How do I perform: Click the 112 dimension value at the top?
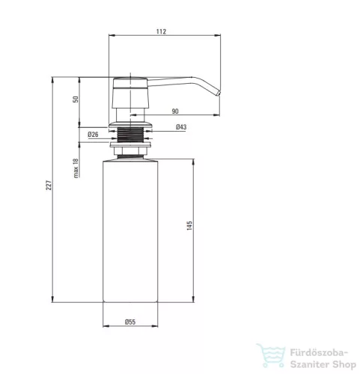click(161, 31)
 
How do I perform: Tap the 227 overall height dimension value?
click(49, 186)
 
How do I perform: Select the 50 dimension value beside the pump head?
click(76, 99)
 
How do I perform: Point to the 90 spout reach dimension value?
click(175, 111)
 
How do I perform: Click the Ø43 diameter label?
click(181, 127)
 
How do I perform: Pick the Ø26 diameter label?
click(93, 135)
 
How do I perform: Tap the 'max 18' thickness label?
click(76, 168)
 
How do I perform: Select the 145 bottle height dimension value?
click(189, 225)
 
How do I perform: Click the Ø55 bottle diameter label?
click(130, 322)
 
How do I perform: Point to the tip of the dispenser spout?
click(219, 93)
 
